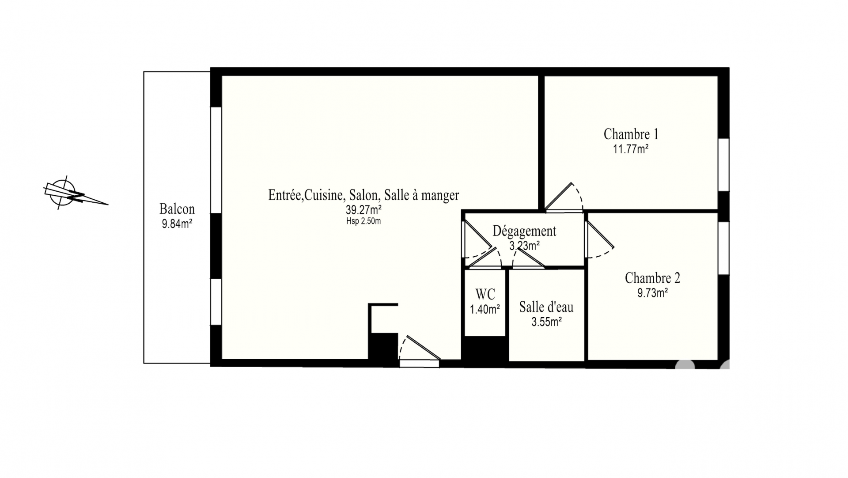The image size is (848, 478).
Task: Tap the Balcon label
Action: pyautogui.click(x=177, y=209)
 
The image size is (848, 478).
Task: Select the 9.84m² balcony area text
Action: pyautogui.click(x=177, y=224)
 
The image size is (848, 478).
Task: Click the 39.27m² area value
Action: pyautogui.click(x=363, y=209)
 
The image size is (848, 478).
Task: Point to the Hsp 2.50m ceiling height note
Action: pyautogui.click(x=363, y=221)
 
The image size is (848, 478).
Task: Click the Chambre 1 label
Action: pyautogui.click(x=631, y=134)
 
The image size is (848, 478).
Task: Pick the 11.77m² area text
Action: pyautogui.click(x=631, y=149)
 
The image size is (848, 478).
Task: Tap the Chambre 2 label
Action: pyautogui.click(x=652, y=278)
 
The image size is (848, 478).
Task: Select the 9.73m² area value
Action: pyautogui.click(x=652, y=293)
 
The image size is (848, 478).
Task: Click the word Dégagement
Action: pyautogui.click(x=524, y=231)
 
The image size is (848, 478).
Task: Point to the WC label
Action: pyautogui.click(x=485, y=294)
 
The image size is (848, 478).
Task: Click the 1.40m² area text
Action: pyautogui.click(x=485, y=309)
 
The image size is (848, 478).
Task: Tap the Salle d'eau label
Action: pyautogui.click(x=546, y=307)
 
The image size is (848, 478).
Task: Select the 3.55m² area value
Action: pyautogui.click(x=546, y=322)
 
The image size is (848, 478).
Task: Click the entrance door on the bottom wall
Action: pyautogui.click(x=420, y=352)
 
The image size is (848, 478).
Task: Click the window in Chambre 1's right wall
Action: pyautogui.click(x=723, y=165)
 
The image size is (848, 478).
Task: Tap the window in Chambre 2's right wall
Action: pyautogui.click(x=723, y=248)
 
